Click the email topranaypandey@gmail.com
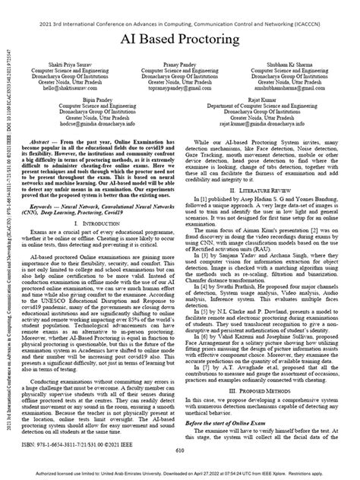tap(181, 88)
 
